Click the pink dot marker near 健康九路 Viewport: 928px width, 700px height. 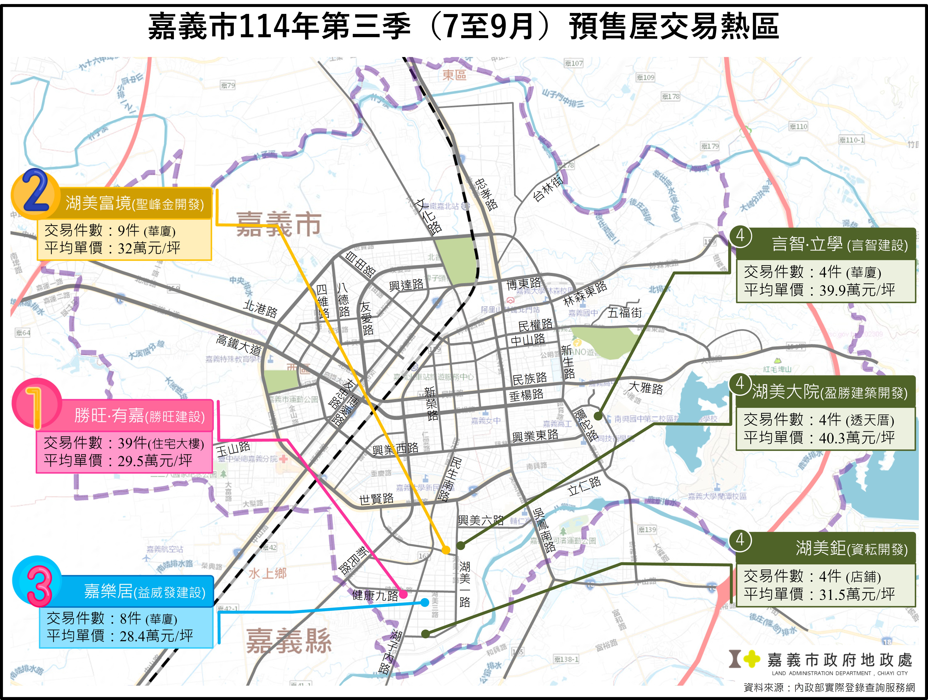point(403,594)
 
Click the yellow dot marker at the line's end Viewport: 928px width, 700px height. point(446,550)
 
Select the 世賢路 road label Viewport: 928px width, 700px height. point(376,499)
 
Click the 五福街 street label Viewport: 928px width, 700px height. point(625,312)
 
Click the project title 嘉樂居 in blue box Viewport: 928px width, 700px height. point(108,591)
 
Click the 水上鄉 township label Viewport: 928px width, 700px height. point(268,573)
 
